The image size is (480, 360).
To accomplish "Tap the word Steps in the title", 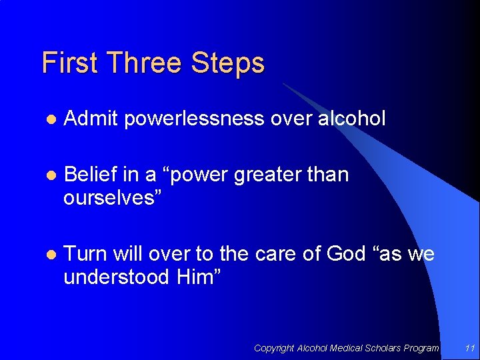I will click(227, 63).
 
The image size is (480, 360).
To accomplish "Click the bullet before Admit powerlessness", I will click(50, 120).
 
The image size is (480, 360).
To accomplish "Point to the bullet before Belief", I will click(50, 176).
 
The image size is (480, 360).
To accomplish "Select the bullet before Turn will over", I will click(50, 255).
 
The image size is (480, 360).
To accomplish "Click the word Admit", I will click(91, 119).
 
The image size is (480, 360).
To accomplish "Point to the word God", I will click(343, 253).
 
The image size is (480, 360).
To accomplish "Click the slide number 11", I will click(469, 348).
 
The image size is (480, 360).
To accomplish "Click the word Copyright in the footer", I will click(274, 348).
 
